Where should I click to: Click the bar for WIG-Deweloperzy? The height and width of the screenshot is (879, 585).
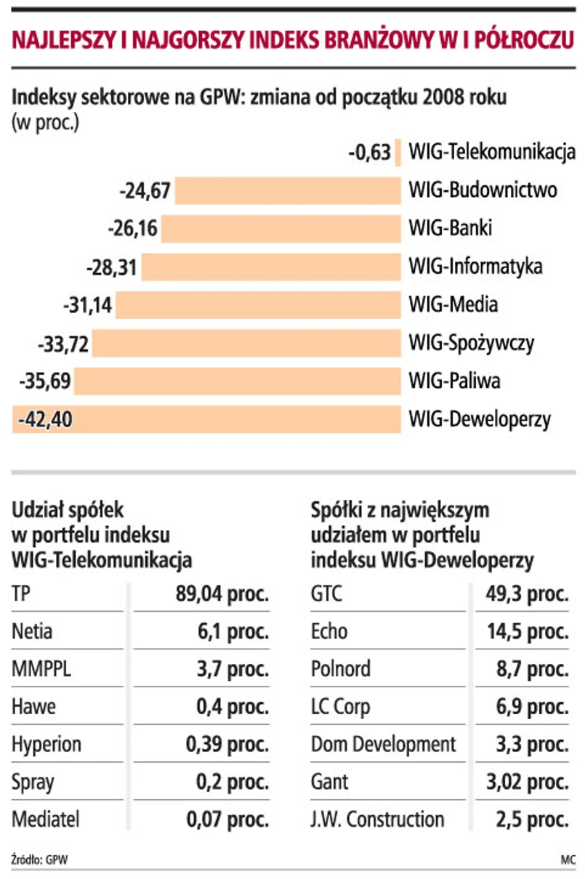coord(240,419)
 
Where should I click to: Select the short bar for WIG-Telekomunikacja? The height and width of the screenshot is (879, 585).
coord(398,153)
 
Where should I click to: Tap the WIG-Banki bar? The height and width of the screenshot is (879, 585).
coord(281,229)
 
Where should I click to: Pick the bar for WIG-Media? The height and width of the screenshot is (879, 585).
coord(258,305)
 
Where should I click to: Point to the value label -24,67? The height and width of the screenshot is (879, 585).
coord(145,191)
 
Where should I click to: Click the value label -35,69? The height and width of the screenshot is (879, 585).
coord(44,381)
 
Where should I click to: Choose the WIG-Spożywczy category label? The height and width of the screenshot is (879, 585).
coord(472,343)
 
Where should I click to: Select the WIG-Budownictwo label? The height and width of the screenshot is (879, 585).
coord(483,191)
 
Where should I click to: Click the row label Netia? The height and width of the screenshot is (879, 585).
coord(32,632)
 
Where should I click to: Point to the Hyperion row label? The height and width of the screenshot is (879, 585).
coord(47,745)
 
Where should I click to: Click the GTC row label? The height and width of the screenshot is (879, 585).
coord(326,594)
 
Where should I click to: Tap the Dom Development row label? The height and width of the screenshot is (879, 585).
coord(384,745)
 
